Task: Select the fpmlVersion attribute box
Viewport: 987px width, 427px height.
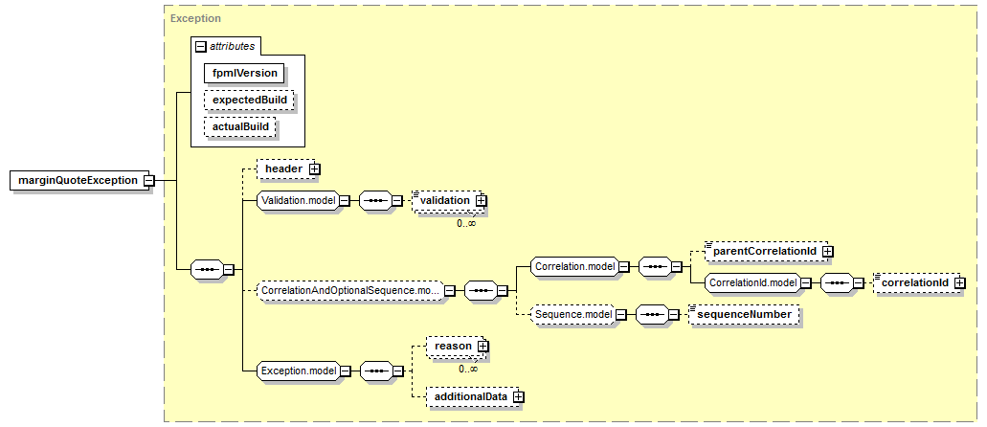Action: tap(245, 73)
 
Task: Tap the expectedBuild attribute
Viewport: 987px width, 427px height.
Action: tap(249, 100)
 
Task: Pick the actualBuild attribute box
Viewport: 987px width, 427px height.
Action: tap(240, 126)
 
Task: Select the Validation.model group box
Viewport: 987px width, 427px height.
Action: tap(299, 200)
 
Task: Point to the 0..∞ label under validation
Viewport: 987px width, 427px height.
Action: tap(466, 223)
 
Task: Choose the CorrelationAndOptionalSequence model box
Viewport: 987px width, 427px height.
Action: tap(350, 291)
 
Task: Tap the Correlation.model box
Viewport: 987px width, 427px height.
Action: tap(574, 266)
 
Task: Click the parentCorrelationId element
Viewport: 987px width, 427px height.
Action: tap(762, 251)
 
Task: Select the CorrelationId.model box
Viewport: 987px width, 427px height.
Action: tap(752, 283)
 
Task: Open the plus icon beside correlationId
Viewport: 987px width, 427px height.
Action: tap(958, 283)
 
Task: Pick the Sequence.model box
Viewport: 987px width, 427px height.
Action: tap(572, 314)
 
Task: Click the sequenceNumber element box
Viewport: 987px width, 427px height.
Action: tap(744, 314)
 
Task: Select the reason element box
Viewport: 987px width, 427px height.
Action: tap(454, 346)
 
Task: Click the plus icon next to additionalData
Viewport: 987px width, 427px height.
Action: tap(518, 396)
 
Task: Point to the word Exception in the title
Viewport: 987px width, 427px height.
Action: tap(195, 19)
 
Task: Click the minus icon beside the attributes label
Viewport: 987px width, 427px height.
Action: tap(201, 47)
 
